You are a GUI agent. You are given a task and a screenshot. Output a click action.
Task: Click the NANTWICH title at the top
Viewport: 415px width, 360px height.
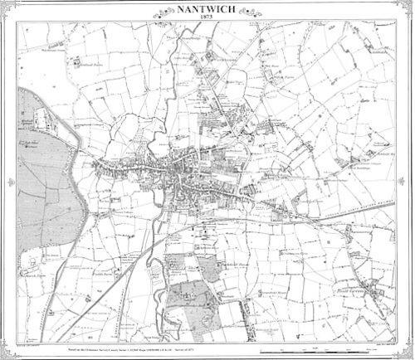tap(207, 10)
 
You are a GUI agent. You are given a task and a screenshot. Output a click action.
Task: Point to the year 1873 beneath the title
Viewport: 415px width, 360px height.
tap(207, 19)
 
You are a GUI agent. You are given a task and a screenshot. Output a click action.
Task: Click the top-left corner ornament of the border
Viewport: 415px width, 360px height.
tap(6, 5)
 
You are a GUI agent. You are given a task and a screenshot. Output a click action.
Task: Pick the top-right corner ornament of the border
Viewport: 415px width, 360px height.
tap(409, 5)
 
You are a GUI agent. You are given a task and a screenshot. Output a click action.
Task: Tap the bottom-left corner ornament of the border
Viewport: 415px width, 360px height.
tap(6, 354)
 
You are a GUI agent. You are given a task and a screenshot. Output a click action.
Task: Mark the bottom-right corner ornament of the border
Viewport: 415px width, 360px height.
tap(409, 354)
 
